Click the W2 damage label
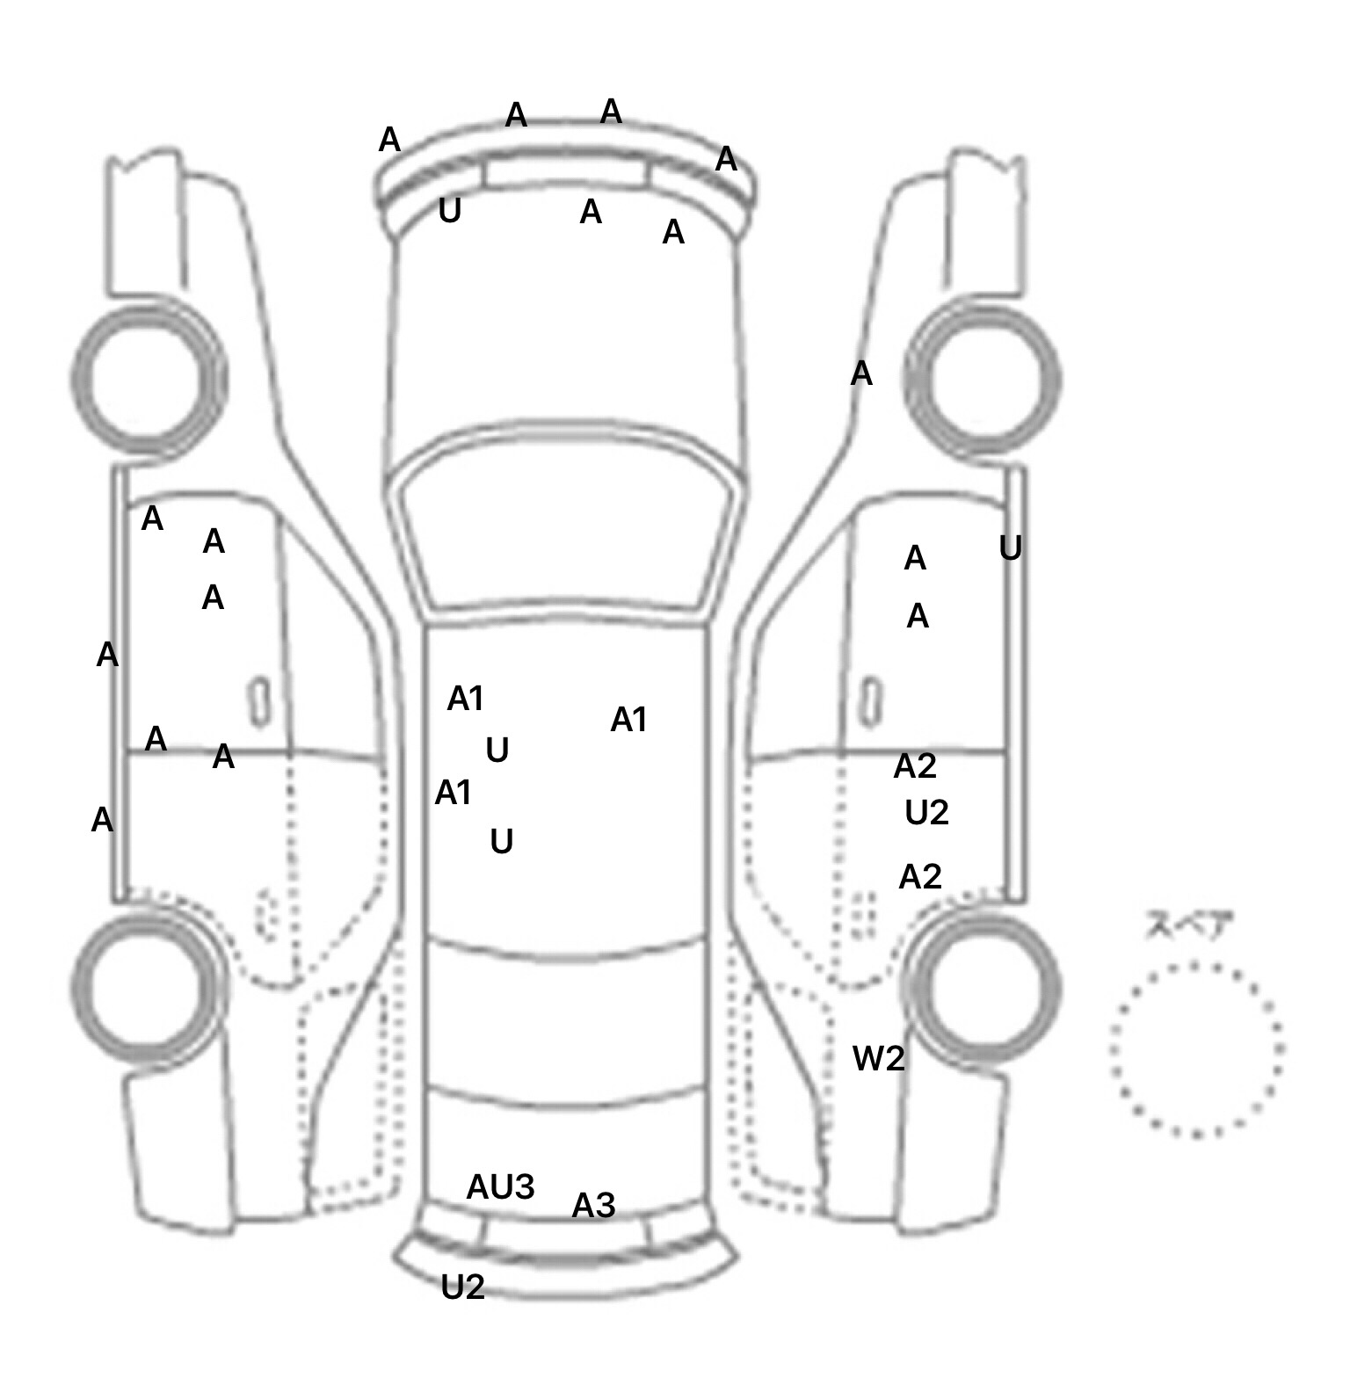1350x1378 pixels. pyautogui.click(x=878, y=1059)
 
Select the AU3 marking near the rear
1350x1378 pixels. pyautogui.click(x=500, y=1187)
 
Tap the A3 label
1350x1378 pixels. pyautogui.click(x=593, y=1206)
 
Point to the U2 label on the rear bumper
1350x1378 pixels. pyautogui.click(x=462, y=1287)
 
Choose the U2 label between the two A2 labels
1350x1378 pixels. pyautogui.click(x=926, y=813)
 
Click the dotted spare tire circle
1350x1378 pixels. pyautogui.click(x=1196, y=1050)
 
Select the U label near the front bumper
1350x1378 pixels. pyautogui.click(x=449, y=211)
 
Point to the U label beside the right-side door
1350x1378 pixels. pyautogui.click(x=1010, y=549)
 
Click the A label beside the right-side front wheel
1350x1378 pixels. pyautogui.click(x=861, y=374)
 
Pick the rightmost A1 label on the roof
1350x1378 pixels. pyautogui.click(x=628, y=720)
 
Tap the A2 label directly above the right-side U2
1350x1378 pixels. pyautogui.click(x=915, y=767)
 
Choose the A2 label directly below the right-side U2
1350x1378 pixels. pyautogui.click(x=920, y=877)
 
